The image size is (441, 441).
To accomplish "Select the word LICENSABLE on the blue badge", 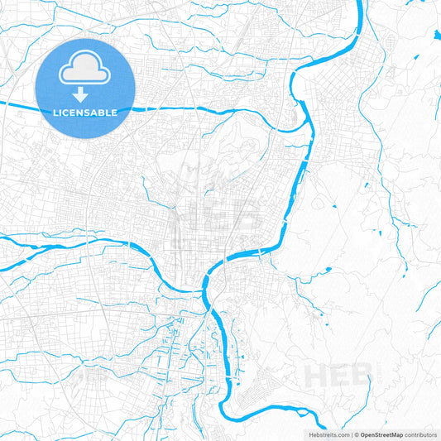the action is tap(85, 112).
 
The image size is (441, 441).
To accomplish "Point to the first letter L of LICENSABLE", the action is tap(55, 112).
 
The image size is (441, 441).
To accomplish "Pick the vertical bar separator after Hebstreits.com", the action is tap(351, 434).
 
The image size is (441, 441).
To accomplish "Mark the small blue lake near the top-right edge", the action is tap(436, 35).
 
